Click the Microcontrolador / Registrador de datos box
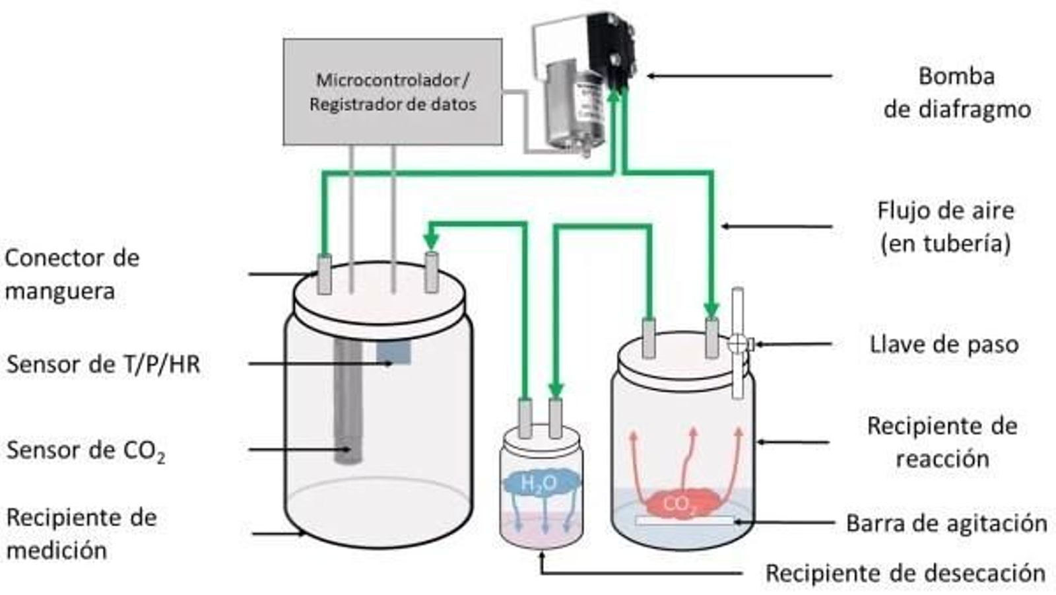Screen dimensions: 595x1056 tap(392, 92)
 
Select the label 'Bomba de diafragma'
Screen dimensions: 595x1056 tap(956, 92)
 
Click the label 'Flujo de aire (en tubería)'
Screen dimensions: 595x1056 tap(945, 227)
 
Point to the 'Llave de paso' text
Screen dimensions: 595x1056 tap(944, 344)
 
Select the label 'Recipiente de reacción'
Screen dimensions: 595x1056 tap(942, 442)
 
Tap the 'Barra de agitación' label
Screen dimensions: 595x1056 tap(946, 523)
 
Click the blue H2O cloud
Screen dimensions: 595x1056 tap(540, 483)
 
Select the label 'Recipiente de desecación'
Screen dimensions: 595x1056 tap(905, 573)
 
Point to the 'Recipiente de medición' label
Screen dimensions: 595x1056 tap(81, 534)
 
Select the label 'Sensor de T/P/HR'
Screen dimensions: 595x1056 tap(103, 364)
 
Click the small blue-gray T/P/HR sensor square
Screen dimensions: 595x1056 tap(393, 352)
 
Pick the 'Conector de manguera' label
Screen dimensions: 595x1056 tap(72, 274)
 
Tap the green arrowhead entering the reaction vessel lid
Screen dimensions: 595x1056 tap(711, 310)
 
